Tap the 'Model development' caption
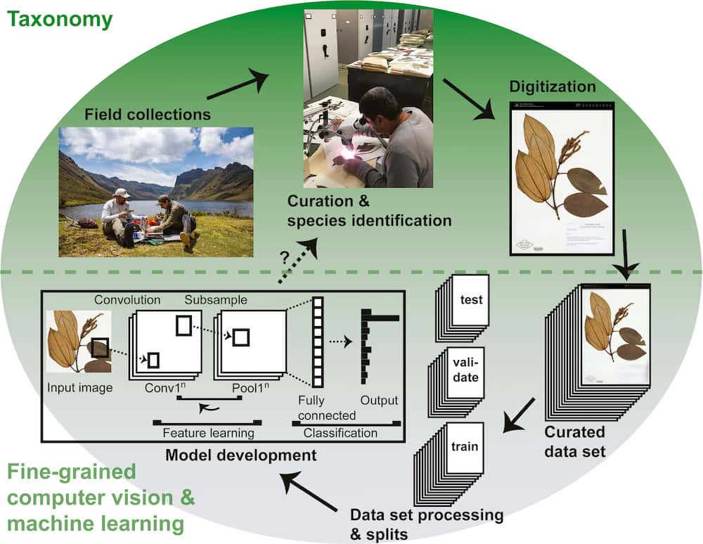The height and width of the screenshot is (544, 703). pyautogui.click(x=240, y=455)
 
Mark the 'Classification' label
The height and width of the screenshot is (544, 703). pyautogui.click(x=340, y=433)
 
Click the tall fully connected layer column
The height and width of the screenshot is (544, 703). pyautogui.click(x=317, y=342)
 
